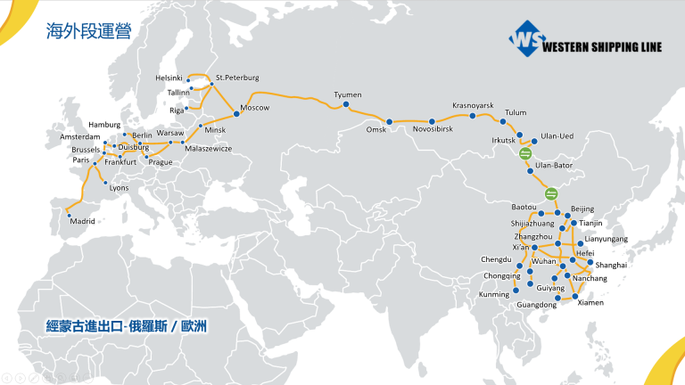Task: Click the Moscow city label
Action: point(255,108)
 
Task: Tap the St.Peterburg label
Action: point(237,78)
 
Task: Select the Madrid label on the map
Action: point(82,220)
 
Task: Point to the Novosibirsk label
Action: point(433,130)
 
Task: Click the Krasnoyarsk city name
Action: point(473,104)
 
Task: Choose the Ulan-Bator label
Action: point(553,166)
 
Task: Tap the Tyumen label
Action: point(347,94)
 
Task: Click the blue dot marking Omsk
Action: point(388,121)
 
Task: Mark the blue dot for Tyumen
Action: point(346,105)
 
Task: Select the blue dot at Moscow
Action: point(235,113)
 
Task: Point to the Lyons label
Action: point(119,188)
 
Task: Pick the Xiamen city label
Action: point(590,303)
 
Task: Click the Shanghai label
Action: point(612,266)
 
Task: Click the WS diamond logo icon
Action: point(526,40)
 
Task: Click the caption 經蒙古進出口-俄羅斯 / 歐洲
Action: point(127,327)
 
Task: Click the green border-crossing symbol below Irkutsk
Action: point(525,155)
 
